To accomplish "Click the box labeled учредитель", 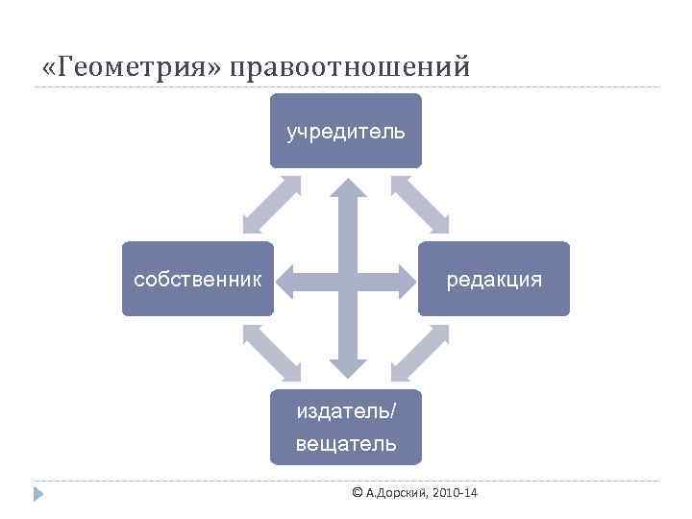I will click(x=346, y=131).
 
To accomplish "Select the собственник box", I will click(x=198, y=279).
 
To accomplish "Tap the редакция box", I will click(x=493, y=279).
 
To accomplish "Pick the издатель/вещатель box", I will click(x=346, y=427).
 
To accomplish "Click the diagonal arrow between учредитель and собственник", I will click(x=271, y=205).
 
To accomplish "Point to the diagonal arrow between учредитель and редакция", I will click(x=420, y=205).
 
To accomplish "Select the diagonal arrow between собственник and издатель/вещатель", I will click(x=271, y=353).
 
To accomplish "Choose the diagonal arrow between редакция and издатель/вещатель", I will click(x=420, y=353).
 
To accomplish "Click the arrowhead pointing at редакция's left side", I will click(x=404, y=279).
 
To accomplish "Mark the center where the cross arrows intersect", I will click(x=346, y=279).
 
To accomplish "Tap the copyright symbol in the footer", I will click(x=358, y=493).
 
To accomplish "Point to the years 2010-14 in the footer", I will click(x=456, y=493).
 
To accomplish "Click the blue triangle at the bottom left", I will click(x=37, y=494).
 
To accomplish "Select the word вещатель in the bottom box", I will click(x=346, y=444).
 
